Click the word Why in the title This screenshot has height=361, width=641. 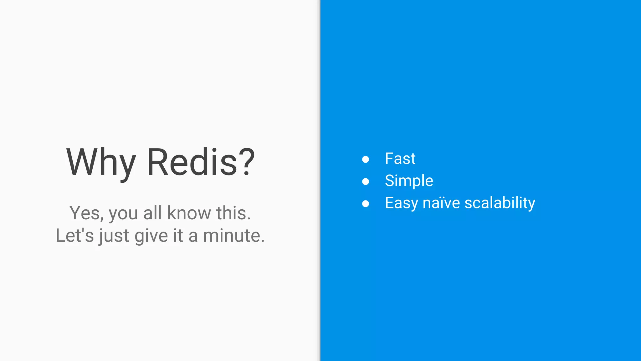[101, 162]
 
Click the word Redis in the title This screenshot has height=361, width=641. [192, 162]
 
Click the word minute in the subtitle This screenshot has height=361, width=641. [233, 236]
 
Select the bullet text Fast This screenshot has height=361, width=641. [400, 159]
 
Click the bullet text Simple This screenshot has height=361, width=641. [409, 181]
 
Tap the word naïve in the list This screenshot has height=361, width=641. [441, 203]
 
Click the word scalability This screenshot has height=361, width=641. [500, 203]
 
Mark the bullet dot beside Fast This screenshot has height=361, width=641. [365, 159]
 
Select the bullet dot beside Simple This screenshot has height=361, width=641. [365, 181]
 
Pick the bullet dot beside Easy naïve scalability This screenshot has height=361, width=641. [365, 204]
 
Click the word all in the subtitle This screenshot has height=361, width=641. [152, 213]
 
